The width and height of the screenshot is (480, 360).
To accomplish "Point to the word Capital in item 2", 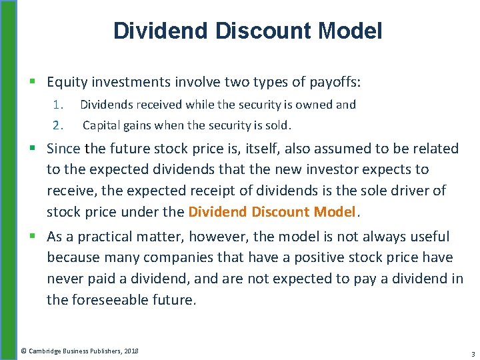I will tap(101, 125).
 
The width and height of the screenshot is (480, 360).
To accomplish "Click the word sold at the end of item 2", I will tap(279, 125).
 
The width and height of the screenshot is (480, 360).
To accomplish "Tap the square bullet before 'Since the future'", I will tap(34, 149).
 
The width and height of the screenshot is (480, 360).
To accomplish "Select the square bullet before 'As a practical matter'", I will tap(34, 237).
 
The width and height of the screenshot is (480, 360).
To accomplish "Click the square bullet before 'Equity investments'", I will tap(34, 83).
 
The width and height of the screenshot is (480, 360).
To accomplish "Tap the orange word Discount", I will tap(282, 212).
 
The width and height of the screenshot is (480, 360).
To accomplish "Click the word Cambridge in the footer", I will tap(50, 351).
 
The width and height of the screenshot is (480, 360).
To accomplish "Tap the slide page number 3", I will tap(472, 353).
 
